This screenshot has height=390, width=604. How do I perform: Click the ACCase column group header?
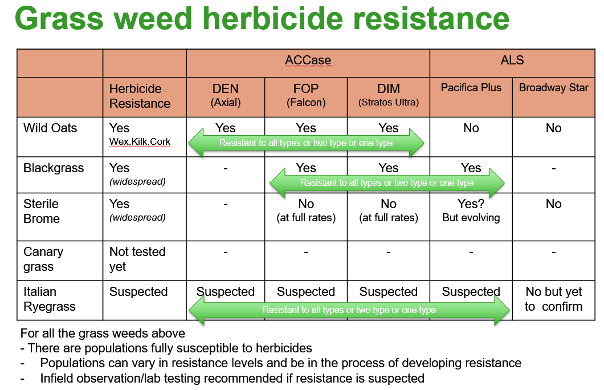click(308, 60)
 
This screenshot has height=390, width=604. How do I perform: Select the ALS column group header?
click(512, 60)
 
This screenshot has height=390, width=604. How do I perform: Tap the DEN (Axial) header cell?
click(225, 95)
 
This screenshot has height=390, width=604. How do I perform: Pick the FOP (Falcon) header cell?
click(306, 95)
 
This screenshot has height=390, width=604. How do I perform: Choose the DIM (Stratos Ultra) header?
click(388, 95)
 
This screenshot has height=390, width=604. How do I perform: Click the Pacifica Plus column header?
click(471, 88)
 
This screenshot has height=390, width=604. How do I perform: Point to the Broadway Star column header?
click(553, 88)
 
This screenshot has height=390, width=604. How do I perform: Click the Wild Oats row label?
click(50, 128)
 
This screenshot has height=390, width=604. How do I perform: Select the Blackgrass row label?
click(54, 168)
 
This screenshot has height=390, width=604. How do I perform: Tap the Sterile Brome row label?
click(42, 211)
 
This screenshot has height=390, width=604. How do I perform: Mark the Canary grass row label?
click(43, 259)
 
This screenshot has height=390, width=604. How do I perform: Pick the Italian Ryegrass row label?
click(50, 299)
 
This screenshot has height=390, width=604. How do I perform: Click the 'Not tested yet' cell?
click(137, 259)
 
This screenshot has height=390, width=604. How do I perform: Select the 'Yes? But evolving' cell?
click(471, 210)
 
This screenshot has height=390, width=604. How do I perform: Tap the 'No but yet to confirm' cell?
click(553, 299)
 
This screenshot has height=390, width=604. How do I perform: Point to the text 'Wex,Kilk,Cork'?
click(140, 142)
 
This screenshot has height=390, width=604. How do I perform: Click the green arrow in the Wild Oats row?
click(306, 143)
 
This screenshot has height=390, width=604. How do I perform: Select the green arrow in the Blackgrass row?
click(387, 182)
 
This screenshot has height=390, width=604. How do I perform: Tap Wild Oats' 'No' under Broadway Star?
click(553, 128)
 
